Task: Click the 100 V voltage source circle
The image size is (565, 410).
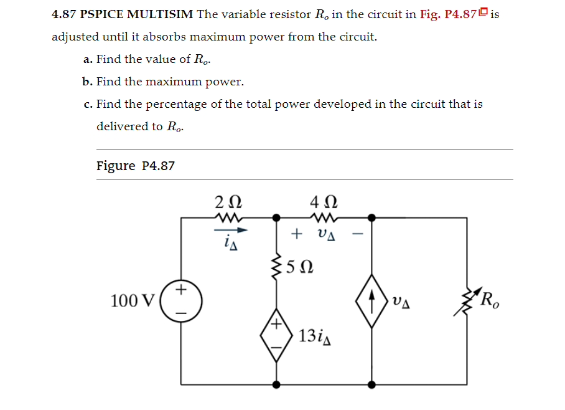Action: coord(181,300)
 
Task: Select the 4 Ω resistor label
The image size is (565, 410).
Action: coord(324,202)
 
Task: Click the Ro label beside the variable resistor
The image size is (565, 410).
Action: coord(490,301)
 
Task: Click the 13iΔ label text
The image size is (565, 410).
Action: coord(315,336)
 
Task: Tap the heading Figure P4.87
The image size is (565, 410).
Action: coord(136,166)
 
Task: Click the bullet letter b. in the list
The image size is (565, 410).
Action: coord(88,82)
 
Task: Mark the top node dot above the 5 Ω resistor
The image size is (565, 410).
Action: coord(277,218)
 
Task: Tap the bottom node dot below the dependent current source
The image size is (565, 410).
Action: coord(371,384)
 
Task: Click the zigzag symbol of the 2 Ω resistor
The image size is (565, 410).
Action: coord(228,217)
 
